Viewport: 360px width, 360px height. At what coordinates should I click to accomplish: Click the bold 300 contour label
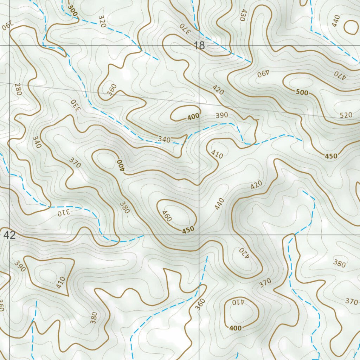pyautogui.click(x=73, y=9)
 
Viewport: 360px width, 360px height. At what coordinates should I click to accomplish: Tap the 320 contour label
pyautogui.click(x=102, y=21)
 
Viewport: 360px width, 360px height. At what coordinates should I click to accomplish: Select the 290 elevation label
pyautogui.click(x=7, y=26)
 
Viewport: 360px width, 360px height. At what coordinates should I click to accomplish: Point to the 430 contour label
pyautogui.click(x=243, y=15)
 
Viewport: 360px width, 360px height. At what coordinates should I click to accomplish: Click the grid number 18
pyautogui.click(x=199, y=45)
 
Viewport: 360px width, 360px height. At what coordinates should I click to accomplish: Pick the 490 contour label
pyautogui.click(x=263, y=73)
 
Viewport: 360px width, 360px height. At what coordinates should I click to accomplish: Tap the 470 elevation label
pyautogui.click(x=340, y=74)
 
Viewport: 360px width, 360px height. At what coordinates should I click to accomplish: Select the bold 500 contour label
pyautogui.click(x=302, y=93)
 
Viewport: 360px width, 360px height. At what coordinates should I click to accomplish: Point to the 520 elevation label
pyautogui.click(x=346, y=115)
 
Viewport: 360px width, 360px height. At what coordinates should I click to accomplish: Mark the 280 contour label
pyautogui.click(x=18, y=89)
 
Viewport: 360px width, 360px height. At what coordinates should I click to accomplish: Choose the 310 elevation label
pyautogui.click(x=64, y=212)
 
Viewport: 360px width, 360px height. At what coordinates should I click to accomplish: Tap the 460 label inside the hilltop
pyautogui.click(x=167, y=216)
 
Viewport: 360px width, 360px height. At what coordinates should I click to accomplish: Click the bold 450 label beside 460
pyautogui.click(x=188, y=230)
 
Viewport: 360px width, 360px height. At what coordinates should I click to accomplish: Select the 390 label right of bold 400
pyautogui.click(x=221, y=115)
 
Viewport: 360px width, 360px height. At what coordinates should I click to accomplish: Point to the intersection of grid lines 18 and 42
pyautogui.click(x=199, y=234)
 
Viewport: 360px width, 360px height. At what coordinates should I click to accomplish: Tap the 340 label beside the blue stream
pyautogui.click(x=164, y=140)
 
